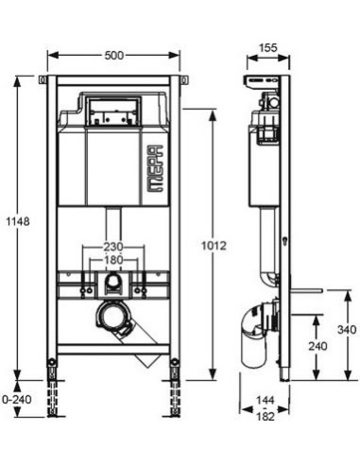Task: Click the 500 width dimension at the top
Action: (x=112, y=56)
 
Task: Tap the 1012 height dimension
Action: (x=215, y=246)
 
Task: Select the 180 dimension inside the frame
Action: (x=112, y=261)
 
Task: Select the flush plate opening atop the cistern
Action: (x=112, y=112)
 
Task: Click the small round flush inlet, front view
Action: (x=112, y=282)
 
